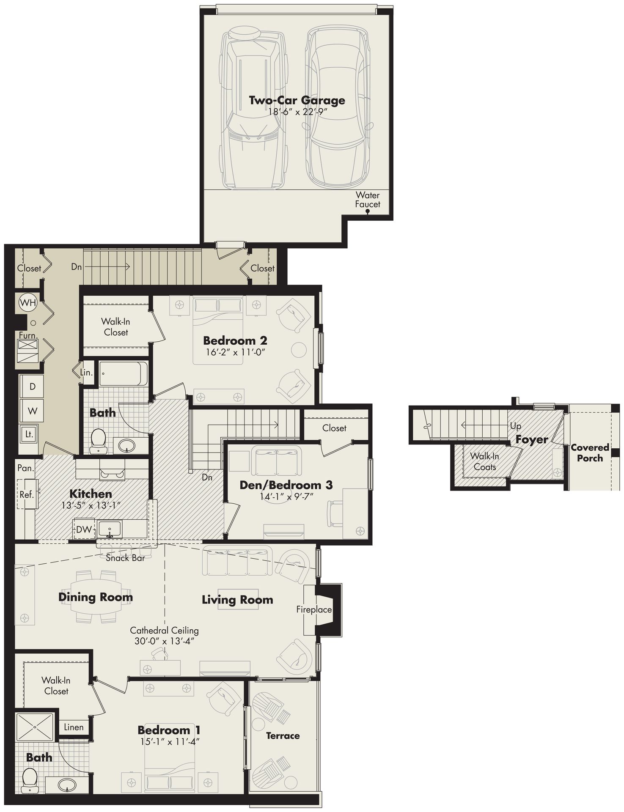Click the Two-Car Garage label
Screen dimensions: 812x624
pos(297,100)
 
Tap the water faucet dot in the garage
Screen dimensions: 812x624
pos(368,212)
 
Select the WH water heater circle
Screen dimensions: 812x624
pos(28,302)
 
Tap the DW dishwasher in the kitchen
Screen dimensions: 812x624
pos(84,529)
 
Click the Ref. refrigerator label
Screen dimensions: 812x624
pos(26,494)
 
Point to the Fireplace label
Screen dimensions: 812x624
pos(313,609)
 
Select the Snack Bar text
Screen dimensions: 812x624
pos(125,558)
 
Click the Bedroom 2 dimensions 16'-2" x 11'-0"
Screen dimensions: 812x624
pos(235,352)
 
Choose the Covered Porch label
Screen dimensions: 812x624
pos(589,453)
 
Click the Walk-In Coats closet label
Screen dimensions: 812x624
pos(484,461)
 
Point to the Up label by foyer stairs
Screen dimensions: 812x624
pos(515,425)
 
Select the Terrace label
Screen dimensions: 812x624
pos(283,735)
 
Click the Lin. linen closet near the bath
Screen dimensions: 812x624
pos(86,373)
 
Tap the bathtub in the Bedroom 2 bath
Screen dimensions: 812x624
pos(123,373)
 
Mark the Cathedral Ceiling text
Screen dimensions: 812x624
pos(164,630)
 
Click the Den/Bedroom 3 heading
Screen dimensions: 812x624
pos(286,485)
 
